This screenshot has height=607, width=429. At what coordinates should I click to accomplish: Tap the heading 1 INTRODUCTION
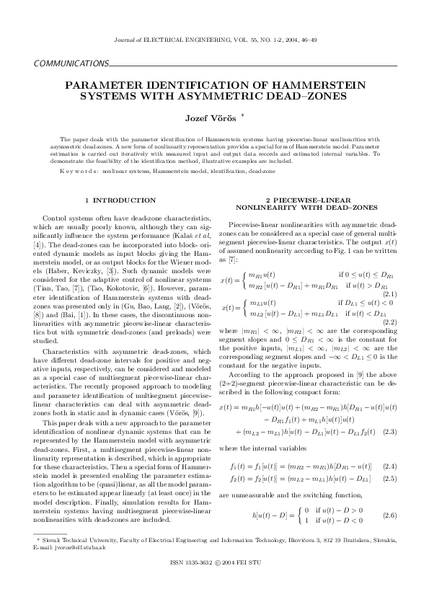(x=120, y=200)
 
